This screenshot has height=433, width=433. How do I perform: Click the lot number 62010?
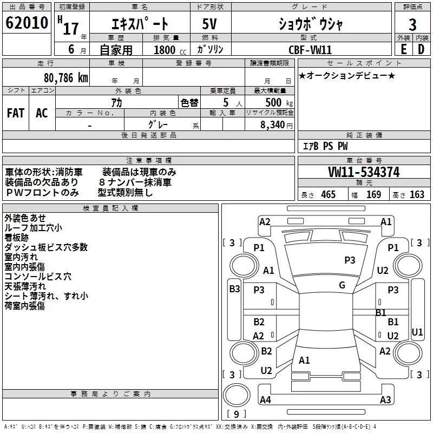(26, 23)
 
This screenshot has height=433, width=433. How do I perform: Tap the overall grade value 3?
(412, 24)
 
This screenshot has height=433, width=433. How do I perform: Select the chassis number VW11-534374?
(364, 172)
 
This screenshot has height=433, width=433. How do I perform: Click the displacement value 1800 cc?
(165, 50)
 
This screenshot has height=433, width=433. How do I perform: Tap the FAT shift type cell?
(16, 113)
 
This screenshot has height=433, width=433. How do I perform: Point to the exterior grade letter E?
(403, 49)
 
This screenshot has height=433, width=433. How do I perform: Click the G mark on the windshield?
(342, 285)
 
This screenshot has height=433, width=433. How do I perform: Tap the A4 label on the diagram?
(265, 400)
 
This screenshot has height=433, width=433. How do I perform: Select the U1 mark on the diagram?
(417, 331)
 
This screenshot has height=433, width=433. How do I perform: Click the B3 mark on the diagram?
(234, 289)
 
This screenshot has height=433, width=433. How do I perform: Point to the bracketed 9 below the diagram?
(237, 414)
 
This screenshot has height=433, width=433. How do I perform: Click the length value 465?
(328, 195)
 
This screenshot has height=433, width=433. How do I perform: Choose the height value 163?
(417, 195)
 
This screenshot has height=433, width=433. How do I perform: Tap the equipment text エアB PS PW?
(325, 147)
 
